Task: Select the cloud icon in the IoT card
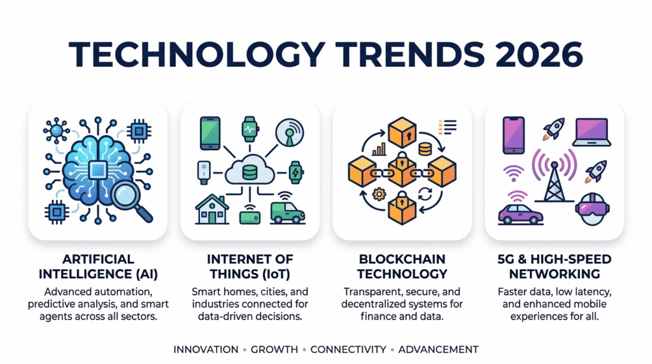250,171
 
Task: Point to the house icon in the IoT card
210,209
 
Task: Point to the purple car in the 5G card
520,213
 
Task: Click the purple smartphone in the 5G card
513,135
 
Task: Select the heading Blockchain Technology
402,267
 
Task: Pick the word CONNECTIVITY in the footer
348,349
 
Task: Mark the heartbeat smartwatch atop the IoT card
250,130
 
